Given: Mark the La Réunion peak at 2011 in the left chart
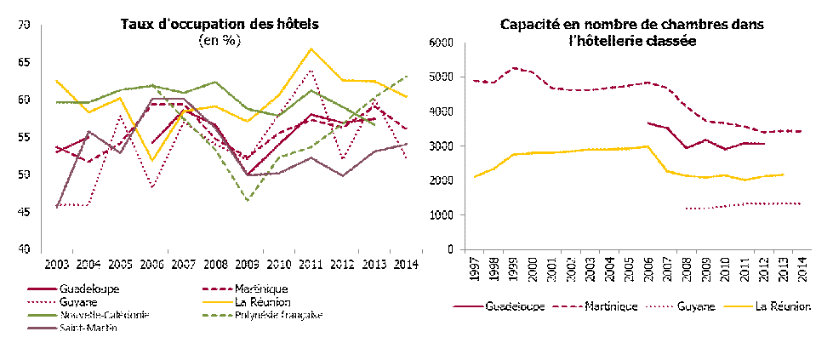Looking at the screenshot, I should [312, 49].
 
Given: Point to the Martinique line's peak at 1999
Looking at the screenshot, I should [513, 68].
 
